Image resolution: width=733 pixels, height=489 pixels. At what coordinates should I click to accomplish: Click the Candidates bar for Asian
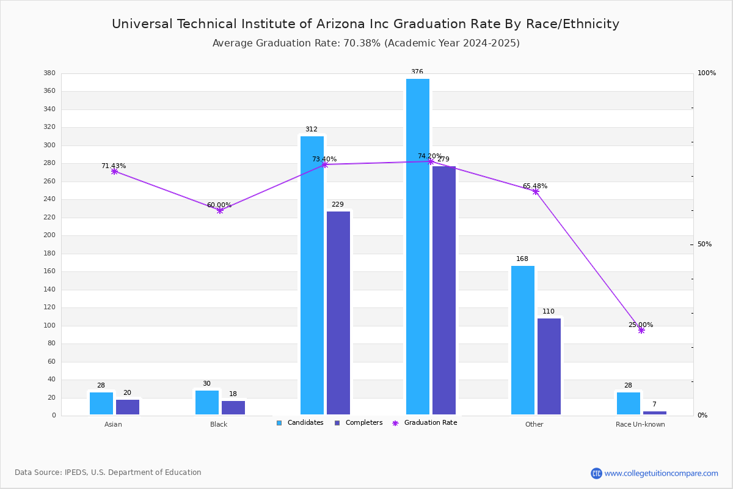(x=101, y=403)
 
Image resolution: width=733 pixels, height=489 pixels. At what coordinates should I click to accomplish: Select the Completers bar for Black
(x=233, y=408)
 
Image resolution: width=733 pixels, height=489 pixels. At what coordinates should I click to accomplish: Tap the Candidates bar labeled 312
(x=312, y=275)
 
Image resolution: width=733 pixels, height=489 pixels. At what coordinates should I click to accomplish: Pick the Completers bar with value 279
(x=444, y=290)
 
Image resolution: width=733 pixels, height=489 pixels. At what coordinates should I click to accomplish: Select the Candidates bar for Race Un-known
(x=629, y=403)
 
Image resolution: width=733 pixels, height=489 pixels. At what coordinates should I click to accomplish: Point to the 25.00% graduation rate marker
(x=641, y=330)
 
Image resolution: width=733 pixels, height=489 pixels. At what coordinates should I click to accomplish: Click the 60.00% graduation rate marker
(x=220, y=210)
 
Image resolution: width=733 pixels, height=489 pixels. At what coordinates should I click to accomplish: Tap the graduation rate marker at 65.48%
(x=536, y=191)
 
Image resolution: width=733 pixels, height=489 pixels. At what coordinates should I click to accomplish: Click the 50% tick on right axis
(x=704, y=244)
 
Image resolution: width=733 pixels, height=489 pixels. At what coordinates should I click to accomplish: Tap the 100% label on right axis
(x=707, y=73)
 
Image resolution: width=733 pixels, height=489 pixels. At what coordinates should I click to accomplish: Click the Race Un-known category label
(x=640, y=425)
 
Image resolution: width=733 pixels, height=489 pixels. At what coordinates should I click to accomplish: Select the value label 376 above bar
(x=417, y=72)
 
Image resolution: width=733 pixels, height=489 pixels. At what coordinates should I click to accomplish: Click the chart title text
(x=365, y=24)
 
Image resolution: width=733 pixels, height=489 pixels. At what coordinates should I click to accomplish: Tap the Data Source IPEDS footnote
(x=108, y=472)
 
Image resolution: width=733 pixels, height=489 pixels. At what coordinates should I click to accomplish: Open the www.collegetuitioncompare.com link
(x=661, y=473)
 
